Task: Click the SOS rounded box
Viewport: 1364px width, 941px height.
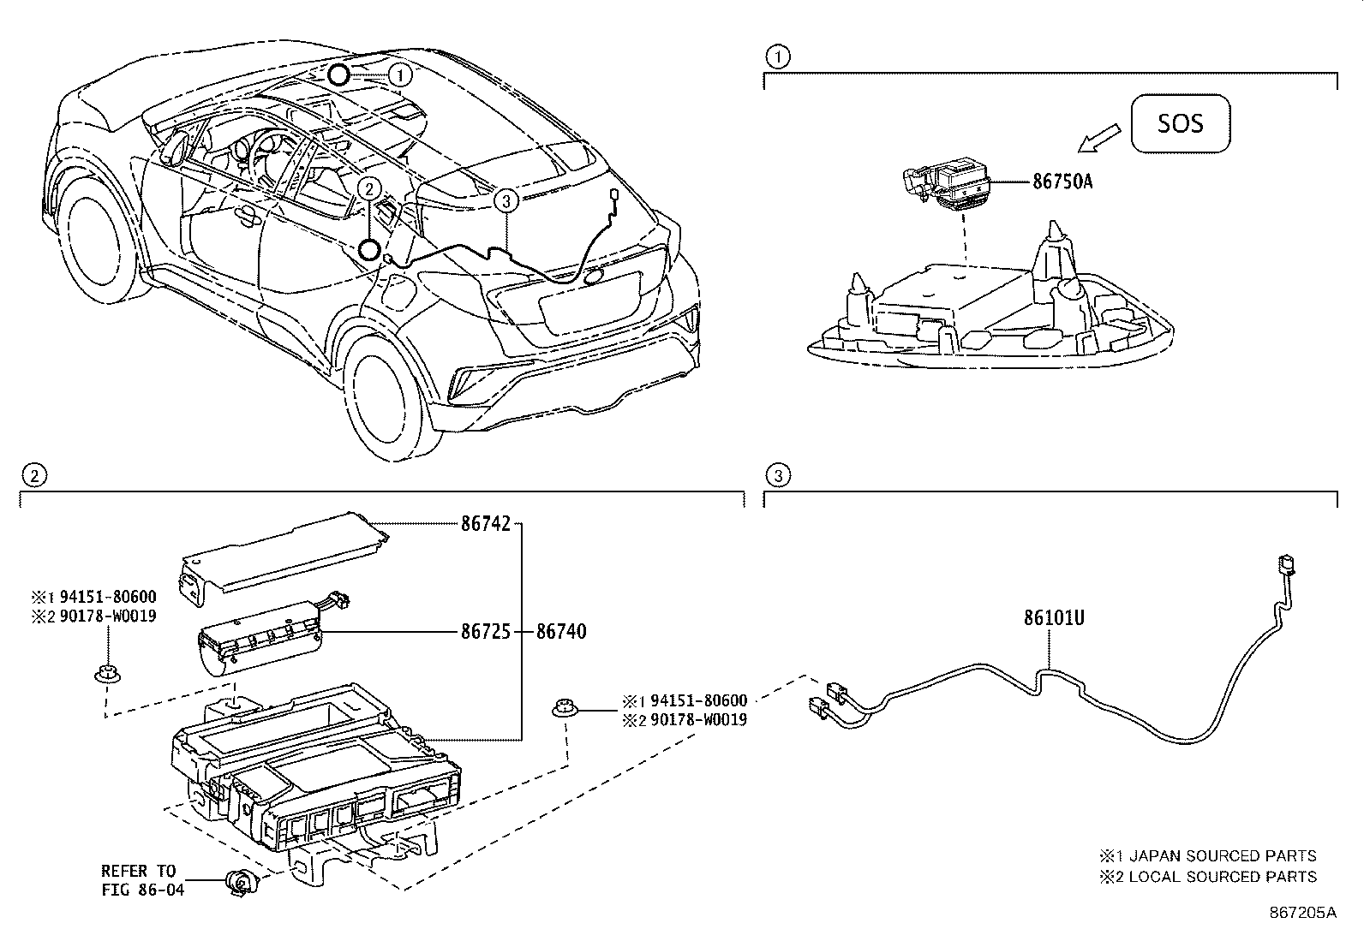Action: (x=1180, y=123)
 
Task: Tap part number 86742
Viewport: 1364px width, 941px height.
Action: (x=485, y=524)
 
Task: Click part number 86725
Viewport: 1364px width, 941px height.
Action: (x=485, y=633)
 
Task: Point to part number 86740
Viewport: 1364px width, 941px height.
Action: (x=561, y=633)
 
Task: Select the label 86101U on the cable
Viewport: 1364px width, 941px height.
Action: (x=1053, y=617)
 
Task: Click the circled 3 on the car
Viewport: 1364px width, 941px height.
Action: (x=506, y=201)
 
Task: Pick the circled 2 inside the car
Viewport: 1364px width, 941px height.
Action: (x=368, y=188)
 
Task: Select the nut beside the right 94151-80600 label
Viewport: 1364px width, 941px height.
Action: (x=564, y=707)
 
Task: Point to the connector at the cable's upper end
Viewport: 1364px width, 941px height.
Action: (x=1283, y=566)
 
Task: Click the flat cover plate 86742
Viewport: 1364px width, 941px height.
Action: (x=283, y=552)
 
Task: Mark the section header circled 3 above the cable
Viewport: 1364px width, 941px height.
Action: (x=776, y=475)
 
